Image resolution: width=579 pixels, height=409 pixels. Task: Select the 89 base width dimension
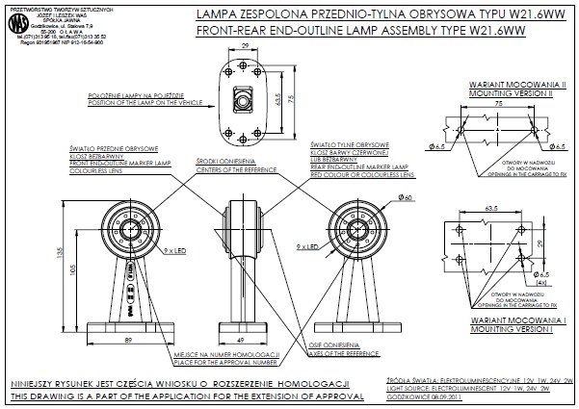tap(127, 341)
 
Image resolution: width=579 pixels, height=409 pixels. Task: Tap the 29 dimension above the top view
tap(247, 44)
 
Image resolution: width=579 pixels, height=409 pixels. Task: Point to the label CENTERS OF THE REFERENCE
tap(225, 168)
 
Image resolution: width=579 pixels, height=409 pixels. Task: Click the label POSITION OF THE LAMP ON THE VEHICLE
tap(135, 103)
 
